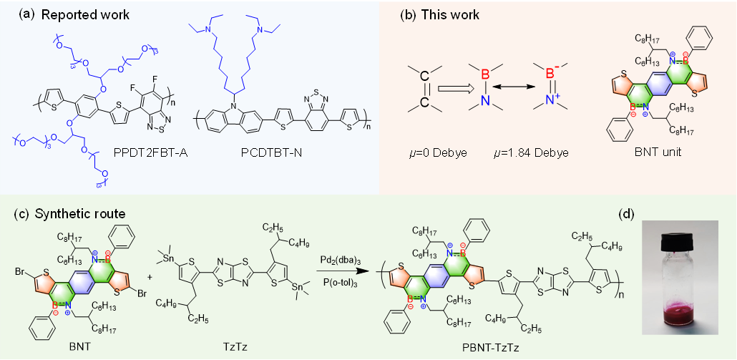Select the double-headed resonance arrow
point(511,89)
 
